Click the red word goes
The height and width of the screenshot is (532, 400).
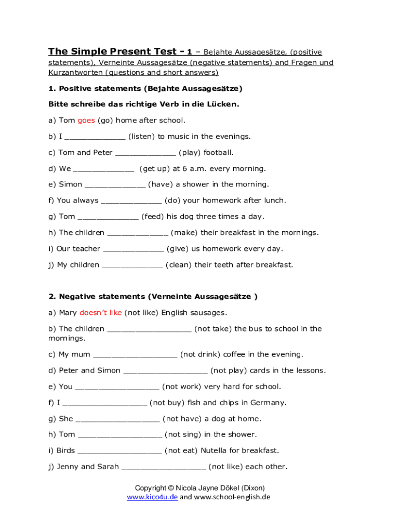86,121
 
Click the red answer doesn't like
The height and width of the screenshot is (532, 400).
100,313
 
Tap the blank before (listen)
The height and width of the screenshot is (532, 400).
95,137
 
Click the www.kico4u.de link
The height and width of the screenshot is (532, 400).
152,497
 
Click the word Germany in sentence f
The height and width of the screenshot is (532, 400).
268,403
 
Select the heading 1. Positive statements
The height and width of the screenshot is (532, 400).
145,88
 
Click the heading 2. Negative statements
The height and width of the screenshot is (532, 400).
153,297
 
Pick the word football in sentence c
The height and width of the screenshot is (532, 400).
219,153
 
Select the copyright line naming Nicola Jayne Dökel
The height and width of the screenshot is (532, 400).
200,488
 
